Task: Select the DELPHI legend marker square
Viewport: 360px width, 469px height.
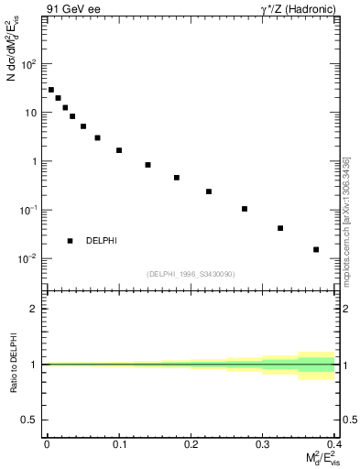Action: tap(70, 241)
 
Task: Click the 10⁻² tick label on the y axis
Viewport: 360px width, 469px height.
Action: tap(29, 258)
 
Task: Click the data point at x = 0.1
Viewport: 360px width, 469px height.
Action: tap(119, 150)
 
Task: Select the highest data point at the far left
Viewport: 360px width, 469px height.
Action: tap(51, 90)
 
